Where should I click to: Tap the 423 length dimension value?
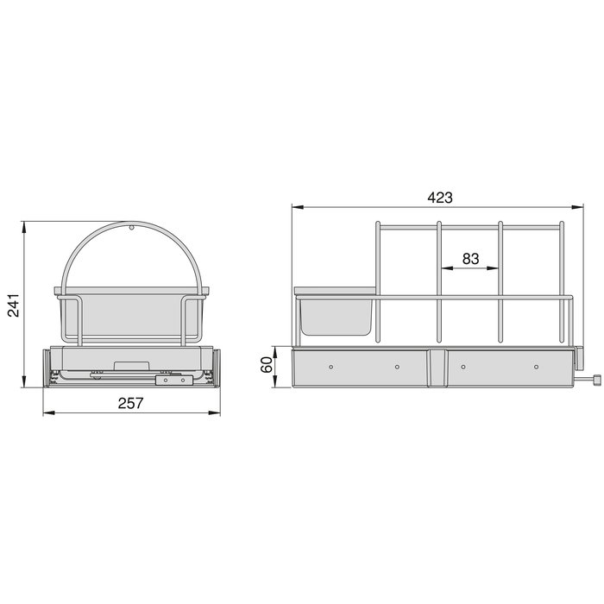438,197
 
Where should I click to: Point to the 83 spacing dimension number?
469,258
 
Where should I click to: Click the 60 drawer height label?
268,367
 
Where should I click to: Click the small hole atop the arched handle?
130,229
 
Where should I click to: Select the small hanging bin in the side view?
336,316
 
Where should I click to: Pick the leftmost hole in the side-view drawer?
330,368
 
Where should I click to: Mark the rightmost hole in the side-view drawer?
536,368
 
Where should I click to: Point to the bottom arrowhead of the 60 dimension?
279,386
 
